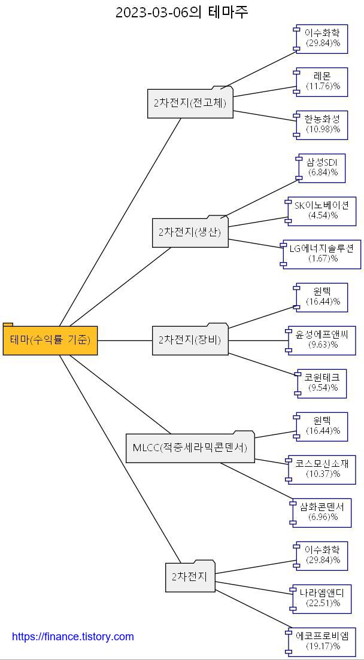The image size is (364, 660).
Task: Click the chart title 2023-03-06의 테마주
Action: point(181,12)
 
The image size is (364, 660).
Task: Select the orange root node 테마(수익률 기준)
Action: point(50,340)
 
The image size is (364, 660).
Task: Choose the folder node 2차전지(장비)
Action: point(190,340)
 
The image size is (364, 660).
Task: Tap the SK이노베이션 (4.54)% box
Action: point(322,211)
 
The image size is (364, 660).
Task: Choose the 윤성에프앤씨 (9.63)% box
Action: point(322,340)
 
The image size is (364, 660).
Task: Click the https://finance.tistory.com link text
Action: point(73,637)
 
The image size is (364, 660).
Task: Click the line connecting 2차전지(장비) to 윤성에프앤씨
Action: point(257,340)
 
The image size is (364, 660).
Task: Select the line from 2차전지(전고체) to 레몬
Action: point(263,92)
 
